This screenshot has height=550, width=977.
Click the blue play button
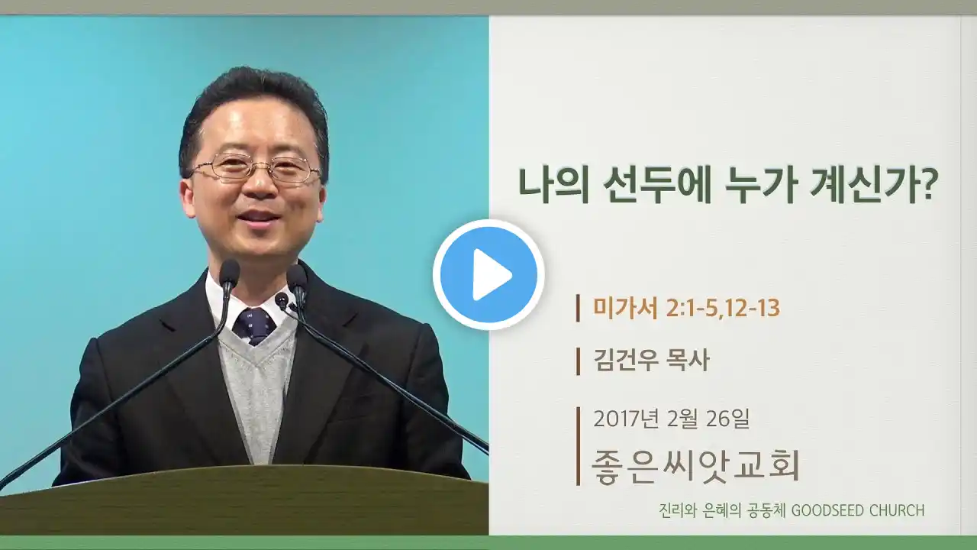[x=488, y=274]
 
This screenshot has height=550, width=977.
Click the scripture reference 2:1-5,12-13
[x=723, y=308]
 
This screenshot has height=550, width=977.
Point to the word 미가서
[x=625, y=308]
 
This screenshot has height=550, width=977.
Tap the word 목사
[x=688, y=361]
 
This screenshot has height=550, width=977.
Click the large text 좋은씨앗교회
[x=695, y=465]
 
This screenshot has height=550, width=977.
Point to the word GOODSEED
[x=826, y=510]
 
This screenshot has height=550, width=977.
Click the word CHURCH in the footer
[x=897, y=510]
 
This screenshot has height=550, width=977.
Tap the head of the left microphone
[x=229, y=273]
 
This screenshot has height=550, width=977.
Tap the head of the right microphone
[x=297, y=277]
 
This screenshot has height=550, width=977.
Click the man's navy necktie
[x=255, y=325]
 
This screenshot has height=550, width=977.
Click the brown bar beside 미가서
[x=578, y=308]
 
